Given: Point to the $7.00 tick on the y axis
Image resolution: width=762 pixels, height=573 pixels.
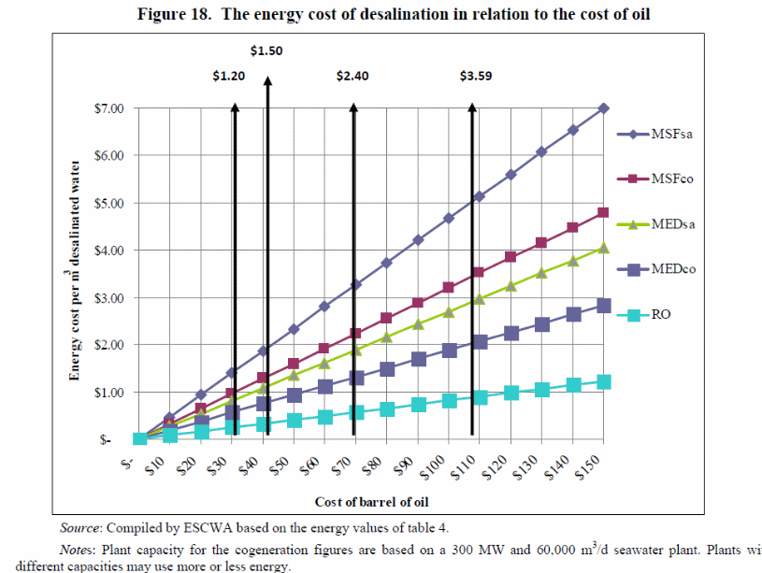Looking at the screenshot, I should click(x=108, y=108).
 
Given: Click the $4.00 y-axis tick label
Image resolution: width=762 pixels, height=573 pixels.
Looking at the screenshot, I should click(x=108, y=251).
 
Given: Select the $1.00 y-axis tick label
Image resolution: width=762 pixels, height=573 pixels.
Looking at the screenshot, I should click(x=108, y=393).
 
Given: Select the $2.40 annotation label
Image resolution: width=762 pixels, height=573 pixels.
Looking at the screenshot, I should click(x=352, y=77).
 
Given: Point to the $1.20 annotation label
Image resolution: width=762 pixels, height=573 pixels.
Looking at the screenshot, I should click(x=229, y=77).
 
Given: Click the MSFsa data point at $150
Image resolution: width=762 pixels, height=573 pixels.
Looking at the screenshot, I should click(x=603, y=108).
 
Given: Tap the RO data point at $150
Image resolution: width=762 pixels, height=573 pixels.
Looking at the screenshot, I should click(x=603, y=381).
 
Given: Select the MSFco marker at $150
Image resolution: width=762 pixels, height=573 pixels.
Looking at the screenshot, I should click(x=603, y=212).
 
